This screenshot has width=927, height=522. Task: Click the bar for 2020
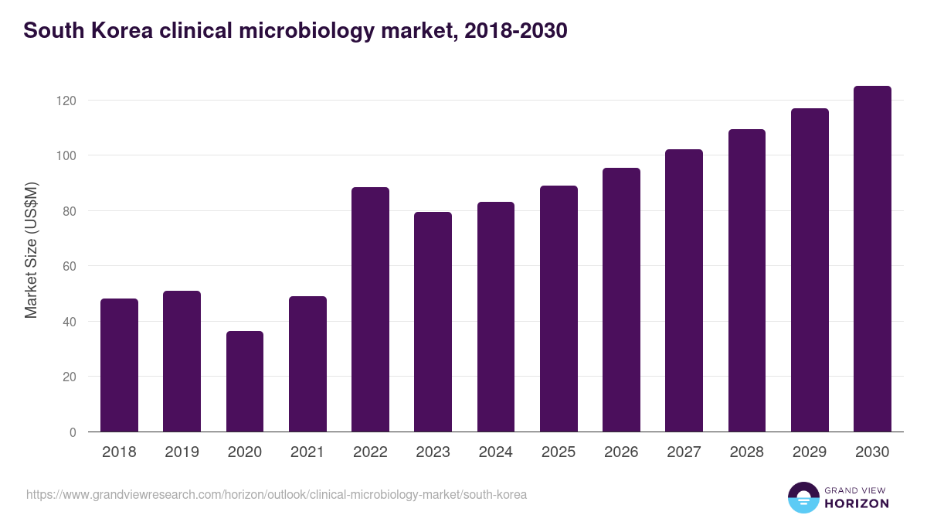[x=245, y=381]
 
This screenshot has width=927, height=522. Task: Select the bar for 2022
[x=370, y=309]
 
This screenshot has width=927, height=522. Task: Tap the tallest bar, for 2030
[x=872, y=259]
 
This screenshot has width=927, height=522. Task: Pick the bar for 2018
[x=119, y=365]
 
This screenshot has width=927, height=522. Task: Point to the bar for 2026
[x=621, y=300]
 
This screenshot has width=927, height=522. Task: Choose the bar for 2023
[x=433, y=322]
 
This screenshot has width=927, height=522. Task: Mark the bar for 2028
[x=747, y=281]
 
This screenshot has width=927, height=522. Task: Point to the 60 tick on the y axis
[x=70, y=266]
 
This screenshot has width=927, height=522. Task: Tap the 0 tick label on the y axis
[x=73, y=432]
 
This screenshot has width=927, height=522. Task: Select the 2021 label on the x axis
[x=307, y=452]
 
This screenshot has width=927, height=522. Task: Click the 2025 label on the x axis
[x=559, y=452]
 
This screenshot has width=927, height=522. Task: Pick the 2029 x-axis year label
[x=810, y=452]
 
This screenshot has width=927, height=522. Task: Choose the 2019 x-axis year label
[x=182, y=452]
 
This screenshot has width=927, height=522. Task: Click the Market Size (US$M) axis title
[x=31, y=250]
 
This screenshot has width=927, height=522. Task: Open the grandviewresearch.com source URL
[x=277, y=494]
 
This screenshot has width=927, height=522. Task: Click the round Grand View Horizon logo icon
[x=803, y=497]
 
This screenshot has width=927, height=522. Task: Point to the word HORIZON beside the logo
[x=857, y=503]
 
